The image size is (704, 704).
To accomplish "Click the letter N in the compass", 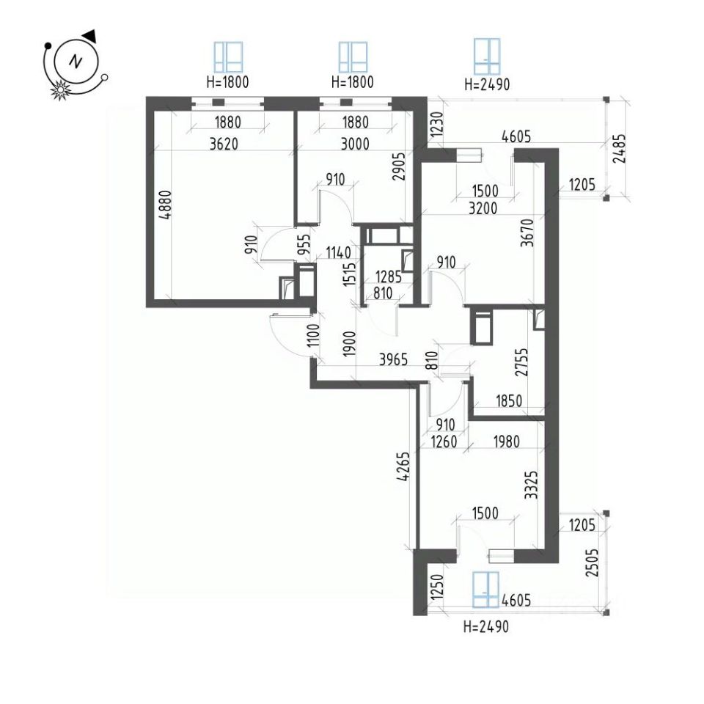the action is pos(75,62).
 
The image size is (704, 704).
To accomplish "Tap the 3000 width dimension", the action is pos(353,144).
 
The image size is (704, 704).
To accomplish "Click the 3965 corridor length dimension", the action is pos(398,360).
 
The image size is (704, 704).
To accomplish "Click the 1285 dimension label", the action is pos(389,278).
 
